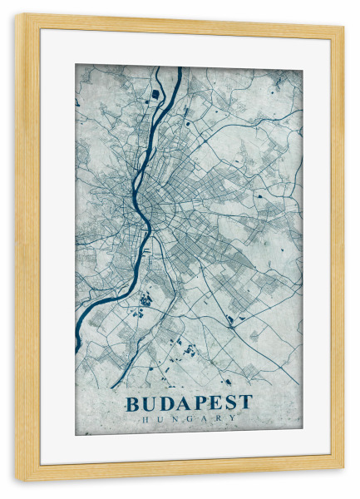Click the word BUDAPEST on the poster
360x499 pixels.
point(189,403)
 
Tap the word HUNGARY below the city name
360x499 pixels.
point(189,418)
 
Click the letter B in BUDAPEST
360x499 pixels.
point(133,403)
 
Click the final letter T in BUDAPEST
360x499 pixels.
point(246,403)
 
